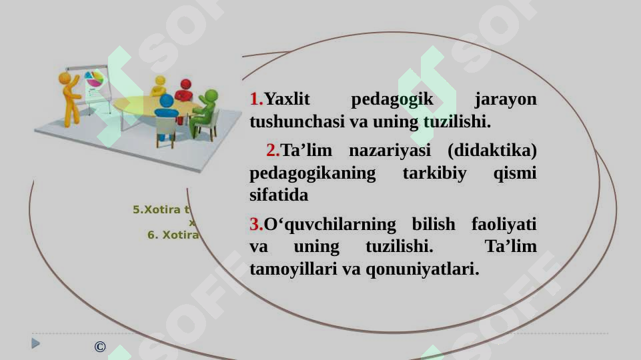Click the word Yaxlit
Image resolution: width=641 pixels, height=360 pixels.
tap(287, 100)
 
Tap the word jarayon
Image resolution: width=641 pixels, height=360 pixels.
tap(505, 100)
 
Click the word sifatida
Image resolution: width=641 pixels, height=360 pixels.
tap(278, 196)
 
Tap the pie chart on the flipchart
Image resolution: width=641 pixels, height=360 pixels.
tap(94, 79)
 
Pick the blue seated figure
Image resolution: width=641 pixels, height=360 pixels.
tap(166, 111)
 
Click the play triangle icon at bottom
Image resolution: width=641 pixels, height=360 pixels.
tap(36, 343)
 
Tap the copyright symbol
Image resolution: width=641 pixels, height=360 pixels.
tap(100, 347)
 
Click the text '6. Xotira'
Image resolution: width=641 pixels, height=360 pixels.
tap(173, 235)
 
